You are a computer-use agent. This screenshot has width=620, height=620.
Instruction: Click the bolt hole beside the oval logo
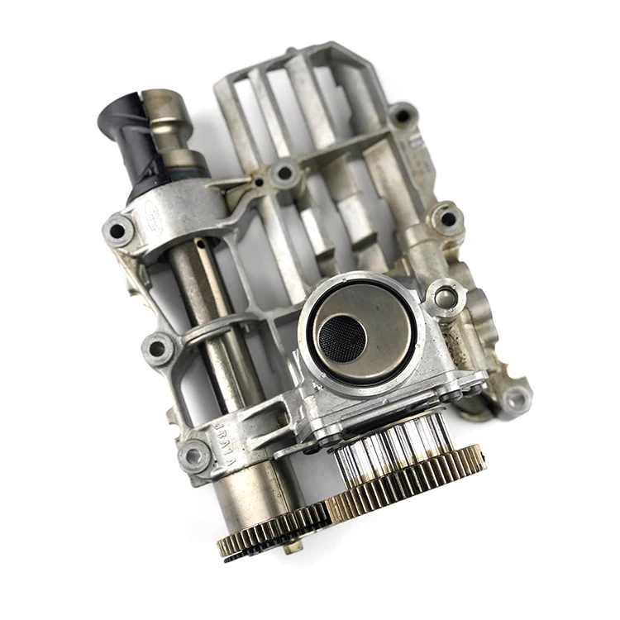[x=118, y=231]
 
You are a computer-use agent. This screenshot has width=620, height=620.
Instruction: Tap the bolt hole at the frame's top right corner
[x=403, y=116]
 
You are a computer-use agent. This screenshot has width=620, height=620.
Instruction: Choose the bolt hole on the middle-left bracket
[x=157, y=347]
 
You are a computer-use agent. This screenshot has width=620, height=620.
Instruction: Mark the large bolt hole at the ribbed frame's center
[x=285, y=174]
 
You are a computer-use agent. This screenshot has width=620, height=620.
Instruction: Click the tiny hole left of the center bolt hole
[x=259, y=182]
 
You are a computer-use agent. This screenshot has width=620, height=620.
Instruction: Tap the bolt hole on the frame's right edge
[x=447, y=219]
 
